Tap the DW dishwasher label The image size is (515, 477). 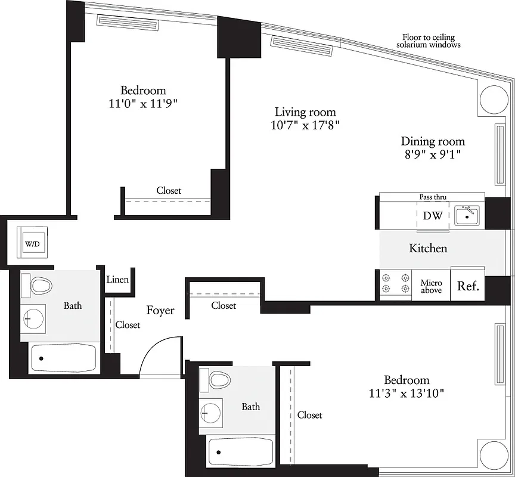(x=432, y=216)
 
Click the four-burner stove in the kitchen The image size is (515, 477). (x=395, y=284)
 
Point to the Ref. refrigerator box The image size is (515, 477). (x=468, y=286)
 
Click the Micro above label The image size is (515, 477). (x=431, y=286)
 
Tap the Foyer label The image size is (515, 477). (x=160, y=310)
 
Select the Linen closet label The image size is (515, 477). (x=117, y=279)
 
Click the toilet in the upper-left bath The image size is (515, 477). (x=41, y=285)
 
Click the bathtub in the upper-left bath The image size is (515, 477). (x=63, y=358)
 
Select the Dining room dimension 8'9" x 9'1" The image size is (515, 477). (x=432, y=154)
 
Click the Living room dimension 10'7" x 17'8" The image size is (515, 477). (x=305, y=125)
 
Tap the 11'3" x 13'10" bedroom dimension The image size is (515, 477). (x=406, y=393)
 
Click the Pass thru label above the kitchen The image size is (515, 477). (x=432, y=197)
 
